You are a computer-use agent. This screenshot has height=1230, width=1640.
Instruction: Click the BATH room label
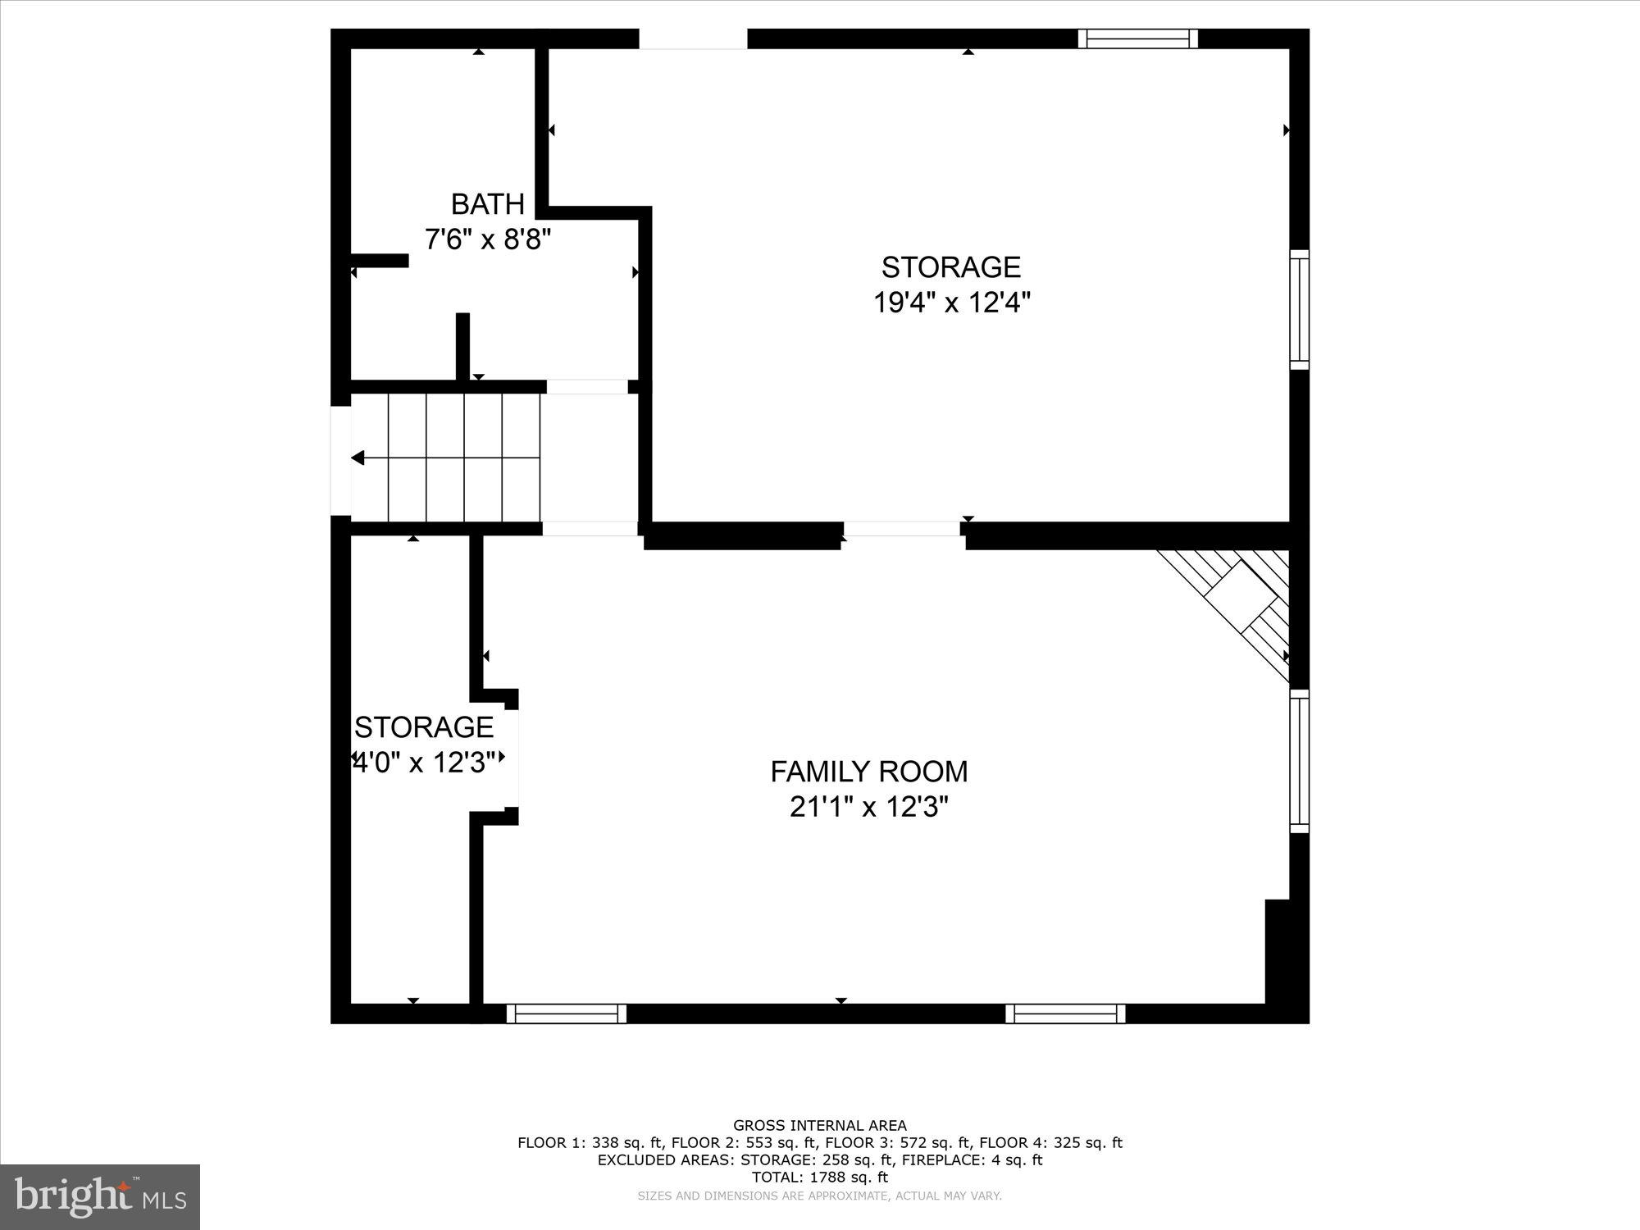pyautogui.click(x=487, y=203)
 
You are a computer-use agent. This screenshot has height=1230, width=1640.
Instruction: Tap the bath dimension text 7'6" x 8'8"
pyautogui.click(x=487, y=239)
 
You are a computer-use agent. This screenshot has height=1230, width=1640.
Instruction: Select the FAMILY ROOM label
pyautogui.click(x=869, y=772)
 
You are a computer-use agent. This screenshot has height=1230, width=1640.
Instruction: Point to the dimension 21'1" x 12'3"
pyautogui.click(x=869, y=808)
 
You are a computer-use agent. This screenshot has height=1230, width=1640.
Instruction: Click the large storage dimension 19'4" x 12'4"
pyautogui.click(x=951, y=303)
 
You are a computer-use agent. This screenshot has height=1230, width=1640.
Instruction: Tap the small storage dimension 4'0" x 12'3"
pyautogui.click(x=424, y=763)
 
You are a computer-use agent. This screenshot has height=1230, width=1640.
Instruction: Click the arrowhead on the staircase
pyautogui.click(x=358, y=458)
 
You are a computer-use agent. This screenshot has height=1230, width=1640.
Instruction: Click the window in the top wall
pyautogui.click(x=1137, y=39)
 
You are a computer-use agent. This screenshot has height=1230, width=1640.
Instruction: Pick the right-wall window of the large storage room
pyautogui.click(x=1299, y=309)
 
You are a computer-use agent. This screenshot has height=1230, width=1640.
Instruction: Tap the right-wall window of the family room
pyautogui.click(x=1299, y=761)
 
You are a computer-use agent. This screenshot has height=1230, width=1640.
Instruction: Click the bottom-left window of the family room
pyautogui.click(x=566, y=1014)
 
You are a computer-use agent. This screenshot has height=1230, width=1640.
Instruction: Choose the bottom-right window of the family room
pyautogui.click(x=1065, y=1014)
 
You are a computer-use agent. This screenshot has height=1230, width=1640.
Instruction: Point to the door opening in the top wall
pyautogui.click(x=693, y=39)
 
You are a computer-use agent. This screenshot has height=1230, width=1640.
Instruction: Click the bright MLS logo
pyautogui.click(x=100, y=1196)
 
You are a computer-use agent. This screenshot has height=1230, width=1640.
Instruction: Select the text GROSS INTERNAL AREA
pyautogui.click(x=820, y=1126)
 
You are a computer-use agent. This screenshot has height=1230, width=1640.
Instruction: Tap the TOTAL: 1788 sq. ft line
pyautogui.click(x=820, y=1178)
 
